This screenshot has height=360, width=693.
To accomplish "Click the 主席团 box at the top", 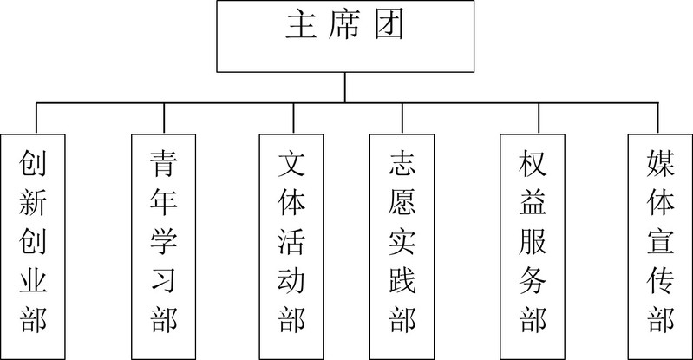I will [x=346, y=36].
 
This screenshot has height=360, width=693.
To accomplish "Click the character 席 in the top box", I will [x=346, y=27].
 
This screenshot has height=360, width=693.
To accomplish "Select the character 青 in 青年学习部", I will [x=163, y=163].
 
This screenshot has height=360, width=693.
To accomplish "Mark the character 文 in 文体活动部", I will [x=292, y=163].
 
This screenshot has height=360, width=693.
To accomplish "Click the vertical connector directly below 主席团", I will [x=346, y=87].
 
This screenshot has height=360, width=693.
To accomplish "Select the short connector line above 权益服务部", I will [x=539, y=118].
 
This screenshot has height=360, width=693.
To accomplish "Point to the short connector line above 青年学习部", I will [x=165, y=118].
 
